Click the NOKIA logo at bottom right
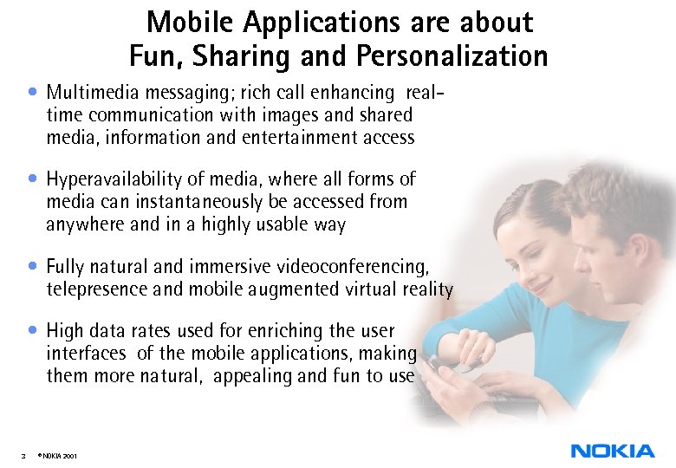pos(613,450)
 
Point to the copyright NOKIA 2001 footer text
pos(59,454)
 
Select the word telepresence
pos(94,289)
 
